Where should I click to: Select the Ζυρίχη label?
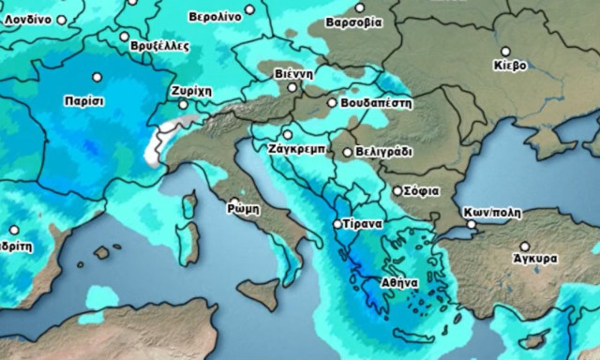[x=191, y=90]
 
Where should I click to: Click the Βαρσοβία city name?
[x=353, y=21]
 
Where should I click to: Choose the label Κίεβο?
[x=510, y=65]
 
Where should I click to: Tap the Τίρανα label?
[x=362, y=225]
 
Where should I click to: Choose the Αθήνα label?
[x=398, y=280]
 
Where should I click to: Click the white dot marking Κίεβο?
[x=505, y=52]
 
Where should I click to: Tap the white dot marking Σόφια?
[x=397, y=190]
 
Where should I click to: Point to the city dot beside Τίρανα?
[x=338, y=225]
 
